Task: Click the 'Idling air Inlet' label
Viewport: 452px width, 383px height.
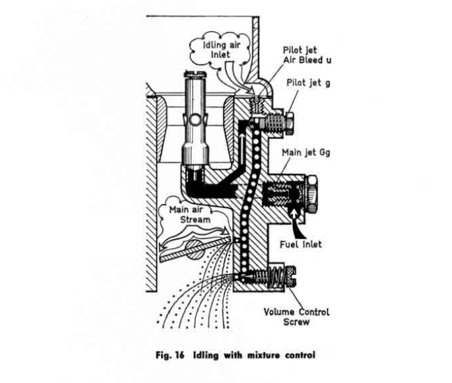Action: tap(222, 50)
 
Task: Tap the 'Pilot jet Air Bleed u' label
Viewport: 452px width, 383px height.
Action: tap(307, 55)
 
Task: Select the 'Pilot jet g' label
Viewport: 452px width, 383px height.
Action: tap(308, 83)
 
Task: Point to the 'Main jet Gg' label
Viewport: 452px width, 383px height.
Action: tap(306, 153)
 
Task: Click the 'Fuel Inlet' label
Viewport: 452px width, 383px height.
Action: tap(301, 244)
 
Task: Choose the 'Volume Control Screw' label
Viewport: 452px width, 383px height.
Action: tap(296, 317)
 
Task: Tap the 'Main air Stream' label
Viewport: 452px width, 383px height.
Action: tap(190, 215)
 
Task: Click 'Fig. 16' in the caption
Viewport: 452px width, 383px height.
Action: tap(170, 355)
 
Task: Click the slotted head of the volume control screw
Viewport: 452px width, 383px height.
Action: tap(290, 277)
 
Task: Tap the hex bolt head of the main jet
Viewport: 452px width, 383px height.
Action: tap(312, 193)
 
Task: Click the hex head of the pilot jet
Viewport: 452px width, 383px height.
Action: tap(290, 123)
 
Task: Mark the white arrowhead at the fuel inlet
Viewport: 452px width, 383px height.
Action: tap(294, 213)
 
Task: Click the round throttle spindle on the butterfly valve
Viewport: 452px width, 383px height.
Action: tap(195, 248)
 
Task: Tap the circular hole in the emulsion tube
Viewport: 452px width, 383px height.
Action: tap(195, 120)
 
